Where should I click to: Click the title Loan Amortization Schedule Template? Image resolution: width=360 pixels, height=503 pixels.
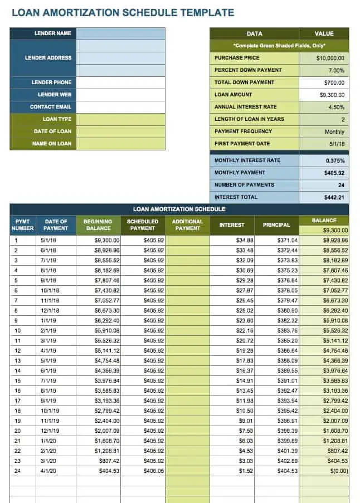click(123, 12)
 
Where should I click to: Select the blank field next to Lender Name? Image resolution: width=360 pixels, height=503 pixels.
click(120, 33)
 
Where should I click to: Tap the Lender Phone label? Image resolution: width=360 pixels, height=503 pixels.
click(51, 82)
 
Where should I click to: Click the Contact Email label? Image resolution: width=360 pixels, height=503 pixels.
click(51, 107)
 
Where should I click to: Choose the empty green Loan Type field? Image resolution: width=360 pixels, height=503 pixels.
click(120, 119)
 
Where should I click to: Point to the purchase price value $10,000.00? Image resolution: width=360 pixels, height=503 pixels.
click(330, 58)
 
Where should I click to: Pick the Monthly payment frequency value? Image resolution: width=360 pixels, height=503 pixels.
click(334, 131)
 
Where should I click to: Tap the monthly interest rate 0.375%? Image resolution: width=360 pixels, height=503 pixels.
click(335, 160)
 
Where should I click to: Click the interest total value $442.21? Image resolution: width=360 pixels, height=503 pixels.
click(334, 197)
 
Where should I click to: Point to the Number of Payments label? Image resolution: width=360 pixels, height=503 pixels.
click(244, 185)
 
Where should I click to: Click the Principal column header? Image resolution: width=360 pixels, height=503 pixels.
click(276, 225)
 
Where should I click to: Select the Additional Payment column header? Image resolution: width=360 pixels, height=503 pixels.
click(187, 225)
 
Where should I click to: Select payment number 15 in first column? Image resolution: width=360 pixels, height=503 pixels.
click(17, 381)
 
